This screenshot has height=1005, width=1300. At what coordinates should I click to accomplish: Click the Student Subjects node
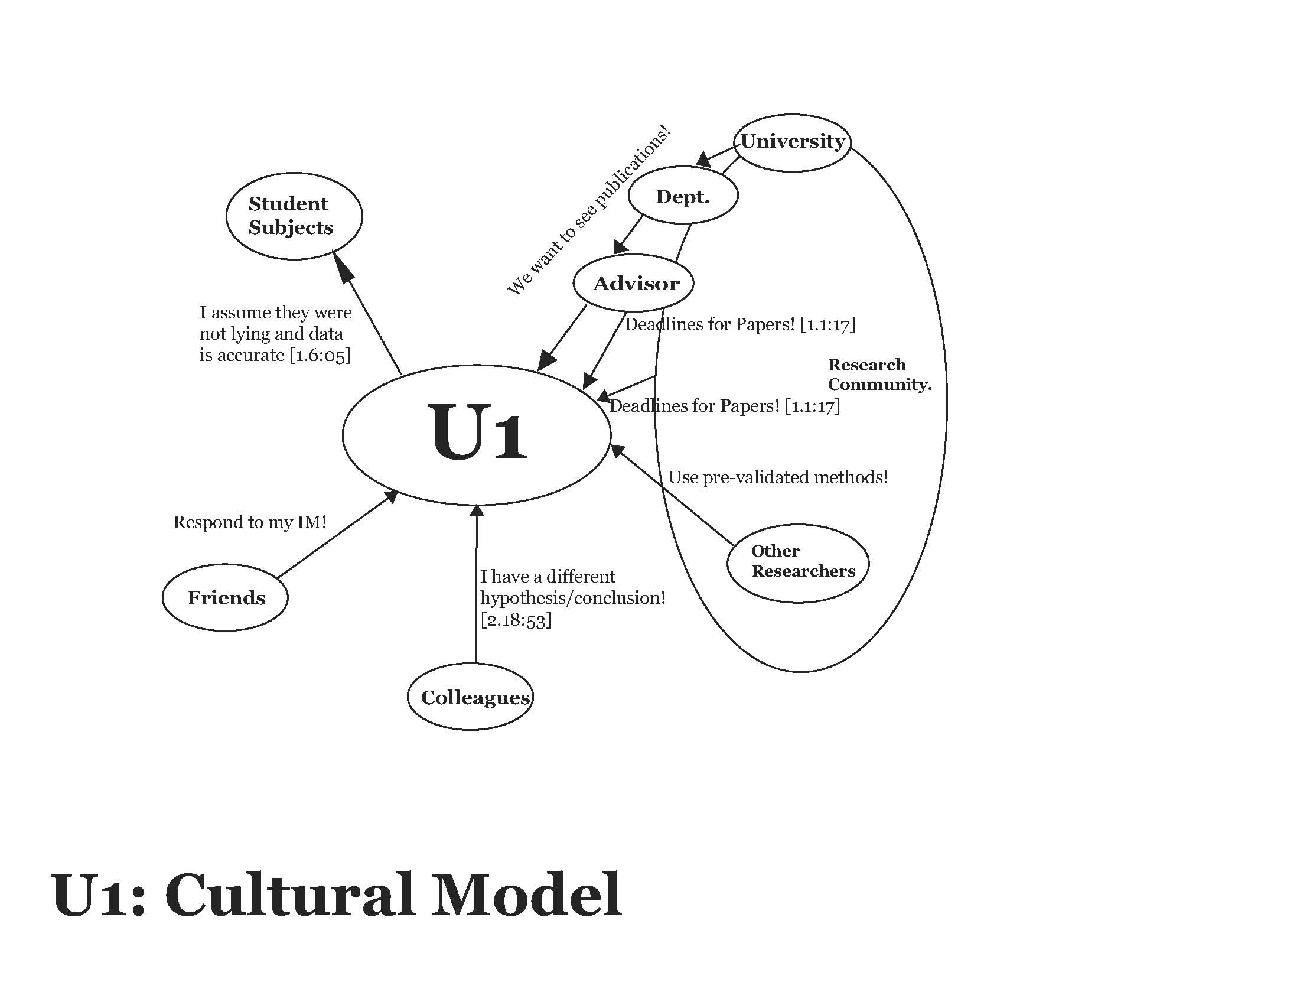294,216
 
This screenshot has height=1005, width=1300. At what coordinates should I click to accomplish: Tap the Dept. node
683,196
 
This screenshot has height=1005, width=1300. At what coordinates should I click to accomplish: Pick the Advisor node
634,284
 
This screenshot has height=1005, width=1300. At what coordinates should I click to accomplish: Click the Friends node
226,597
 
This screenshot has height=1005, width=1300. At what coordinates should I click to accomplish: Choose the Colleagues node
471,697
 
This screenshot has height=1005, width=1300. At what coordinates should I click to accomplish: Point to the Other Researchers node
798,561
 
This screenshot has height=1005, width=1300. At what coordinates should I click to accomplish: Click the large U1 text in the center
477,433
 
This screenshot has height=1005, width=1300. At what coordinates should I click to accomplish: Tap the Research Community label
878,375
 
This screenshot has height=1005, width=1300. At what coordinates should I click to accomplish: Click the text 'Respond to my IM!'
250,522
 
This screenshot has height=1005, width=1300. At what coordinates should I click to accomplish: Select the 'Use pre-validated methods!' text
778,477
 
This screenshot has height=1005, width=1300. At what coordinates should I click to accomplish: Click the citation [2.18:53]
516,620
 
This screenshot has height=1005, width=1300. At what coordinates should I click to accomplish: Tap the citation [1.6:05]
320,356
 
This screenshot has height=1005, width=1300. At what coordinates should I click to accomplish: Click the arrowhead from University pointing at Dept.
705,159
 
